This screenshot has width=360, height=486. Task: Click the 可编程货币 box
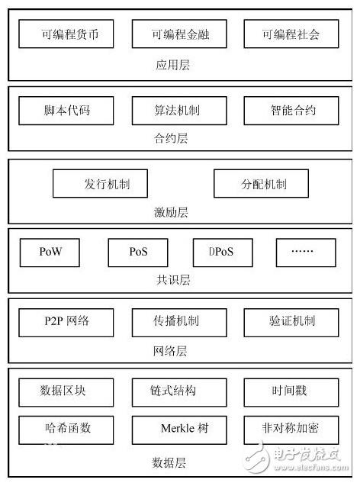click(x=66, y=34)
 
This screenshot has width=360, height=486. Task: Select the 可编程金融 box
click(x=179, y=34)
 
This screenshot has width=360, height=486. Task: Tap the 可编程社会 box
click(x=291, y=34)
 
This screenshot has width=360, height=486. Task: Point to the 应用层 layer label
click(x=172, y=65)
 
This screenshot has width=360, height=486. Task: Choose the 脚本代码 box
click(x=66, y=111)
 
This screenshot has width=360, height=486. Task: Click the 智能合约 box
click(x=291, y=111)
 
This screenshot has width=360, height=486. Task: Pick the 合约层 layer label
click(x=171, y=138)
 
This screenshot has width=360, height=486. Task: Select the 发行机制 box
click(x=100, y=183)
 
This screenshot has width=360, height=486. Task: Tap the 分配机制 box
click(x=261, y=183)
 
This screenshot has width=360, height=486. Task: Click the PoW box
click(x=50, y=253)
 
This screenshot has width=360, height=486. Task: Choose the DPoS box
click(x=223, y=253)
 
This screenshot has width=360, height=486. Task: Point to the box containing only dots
click(x=306, y=253)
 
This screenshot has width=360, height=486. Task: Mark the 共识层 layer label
click(x=173, y=280)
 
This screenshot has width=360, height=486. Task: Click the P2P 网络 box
click(x=66, y=323)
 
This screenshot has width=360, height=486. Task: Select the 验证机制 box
click(x=291, y=323)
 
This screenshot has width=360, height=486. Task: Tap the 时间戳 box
click(x=291, y=392)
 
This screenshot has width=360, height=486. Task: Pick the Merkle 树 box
click(x=179, y=430)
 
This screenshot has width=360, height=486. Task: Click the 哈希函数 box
click(x=66, y=430)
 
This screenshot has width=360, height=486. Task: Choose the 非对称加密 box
click(x=291, y=430)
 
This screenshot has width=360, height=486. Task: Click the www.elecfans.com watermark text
click(x=311, y=467)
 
